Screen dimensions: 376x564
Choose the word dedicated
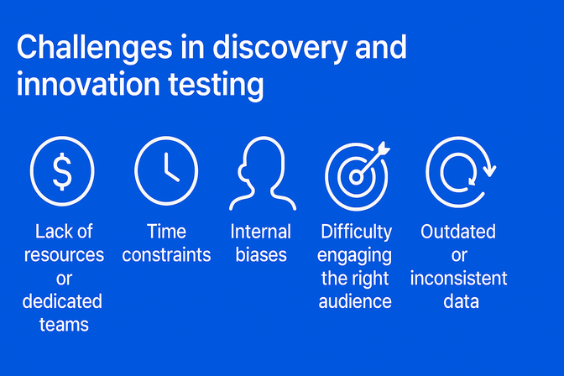pyautogui.click(x=62, y=301)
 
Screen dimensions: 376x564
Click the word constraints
pyautogui.click(x=166, y=255)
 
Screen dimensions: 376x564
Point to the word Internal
pyautogui.click(x=260, y=232)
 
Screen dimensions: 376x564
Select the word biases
pyautogui.click(x=260, y=255)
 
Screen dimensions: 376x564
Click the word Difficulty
pyautogui.click(x=356, y=232)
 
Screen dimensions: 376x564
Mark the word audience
pyautogui.click(x=356, y=301)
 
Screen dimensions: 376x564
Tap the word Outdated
pyautogui.click(x=458, y=232)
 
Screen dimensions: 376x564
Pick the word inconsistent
pyautogui.click(x=458, y=278)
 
